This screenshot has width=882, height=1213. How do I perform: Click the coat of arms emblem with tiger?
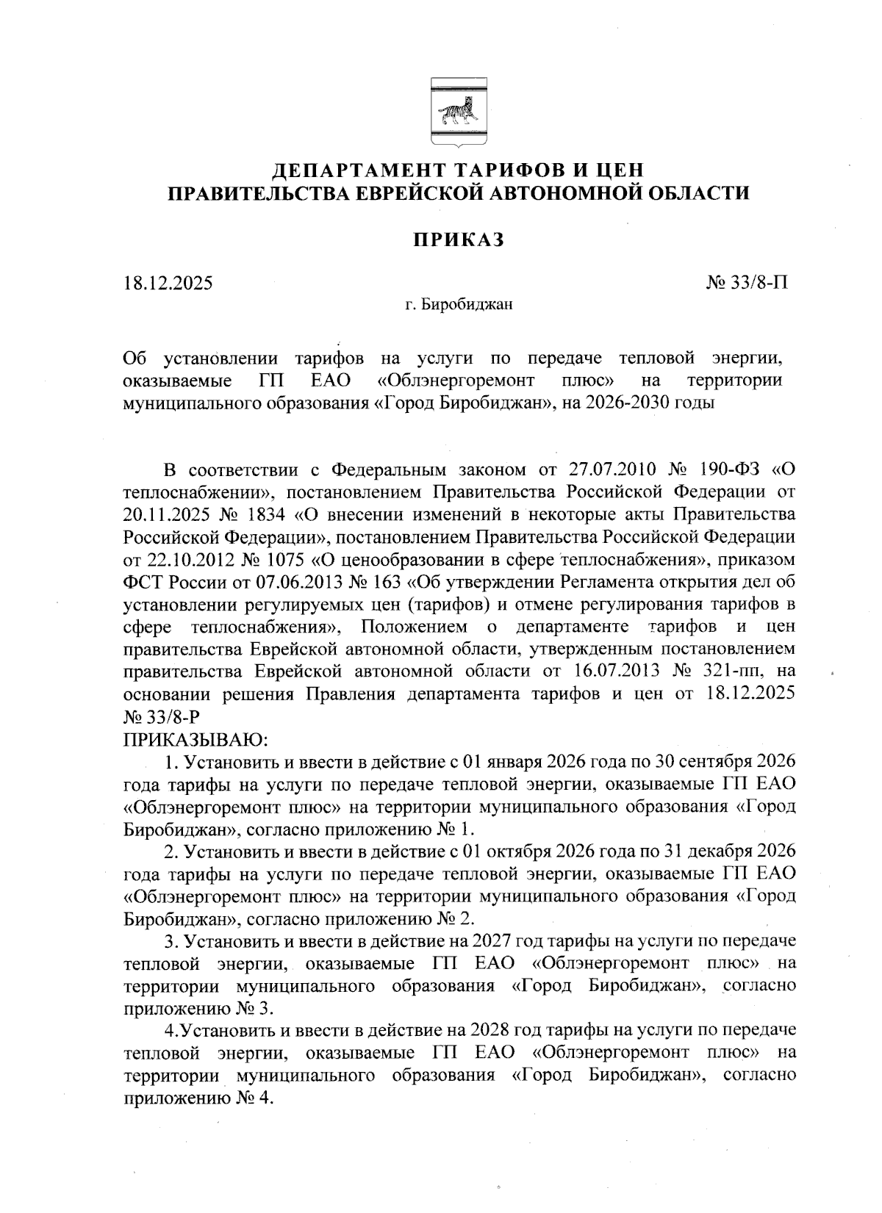[x=456, y=115]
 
